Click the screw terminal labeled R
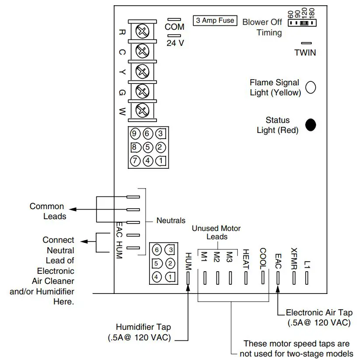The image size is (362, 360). tap(142, 31)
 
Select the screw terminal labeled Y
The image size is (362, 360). tap(142, 70)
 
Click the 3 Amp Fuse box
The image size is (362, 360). tap(215, 21)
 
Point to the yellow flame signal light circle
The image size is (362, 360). tap(310, 87)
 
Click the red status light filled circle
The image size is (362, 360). tap(310, 125)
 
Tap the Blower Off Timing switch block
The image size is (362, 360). tap(302, 21)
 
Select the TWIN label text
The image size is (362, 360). tap(305, 52)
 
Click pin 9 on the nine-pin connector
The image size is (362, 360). tap(135, 133)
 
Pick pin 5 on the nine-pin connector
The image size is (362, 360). tap(148, 147)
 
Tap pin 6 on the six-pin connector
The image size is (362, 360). tap(157, 250)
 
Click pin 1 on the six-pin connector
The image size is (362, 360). tap(170, 276)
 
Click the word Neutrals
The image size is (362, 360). tap(171, 220)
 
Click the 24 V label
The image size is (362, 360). tap(175, 44)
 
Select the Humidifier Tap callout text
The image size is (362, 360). tap(143, 332)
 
